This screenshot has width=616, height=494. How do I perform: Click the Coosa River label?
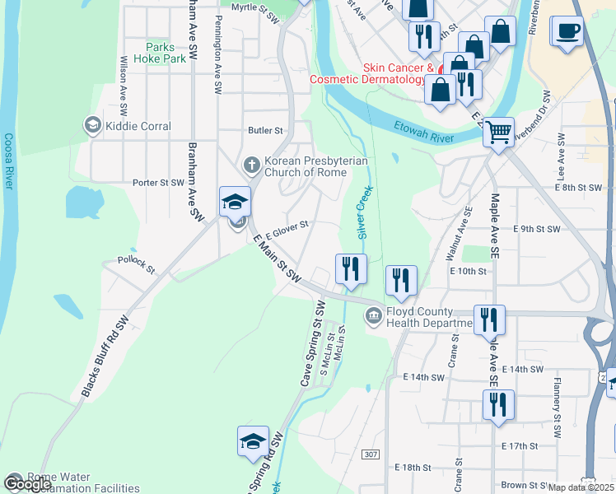point(8,162)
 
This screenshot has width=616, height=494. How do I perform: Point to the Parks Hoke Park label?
point(165,54)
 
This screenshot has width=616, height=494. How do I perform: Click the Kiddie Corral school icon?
point(92,126)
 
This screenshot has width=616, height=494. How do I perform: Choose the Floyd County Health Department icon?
point(374,314)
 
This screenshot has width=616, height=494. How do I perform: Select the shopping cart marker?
point(498,132)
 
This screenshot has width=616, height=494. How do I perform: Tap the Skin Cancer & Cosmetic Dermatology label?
point(369,74)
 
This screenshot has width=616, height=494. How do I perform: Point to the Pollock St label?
point(136,263)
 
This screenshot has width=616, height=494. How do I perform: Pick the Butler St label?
point(265,130)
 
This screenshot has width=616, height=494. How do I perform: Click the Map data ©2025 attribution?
point(581,487)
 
